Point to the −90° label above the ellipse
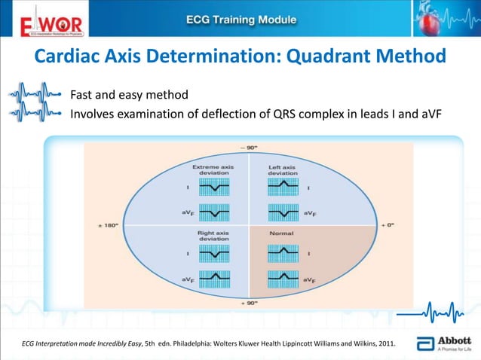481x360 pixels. click(248, 146)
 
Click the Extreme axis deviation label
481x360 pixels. click(213, 169)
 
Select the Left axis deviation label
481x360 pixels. click(283, 169)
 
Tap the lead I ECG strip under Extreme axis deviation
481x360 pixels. click(215, 187)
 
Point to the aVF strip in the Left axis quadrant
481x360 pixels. click(283, 213)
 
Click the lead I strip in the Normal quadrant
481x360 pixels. click(283, 254)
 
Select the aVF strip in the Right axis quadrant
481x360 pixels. click(215, 279)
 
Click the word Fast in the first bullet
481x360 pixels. click(83, 96)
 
